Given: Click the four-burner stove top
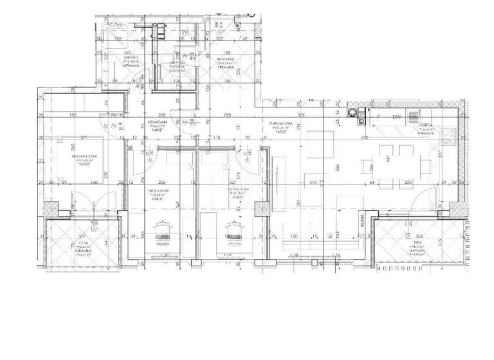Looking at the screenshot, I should (448, 136).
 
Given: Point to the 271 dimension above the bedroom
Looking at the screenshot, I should (83, 137).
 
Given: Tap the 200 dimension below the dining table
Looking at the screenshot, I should (407, 183).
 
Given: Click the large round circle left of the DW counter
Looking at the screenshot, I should (353, 113).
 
